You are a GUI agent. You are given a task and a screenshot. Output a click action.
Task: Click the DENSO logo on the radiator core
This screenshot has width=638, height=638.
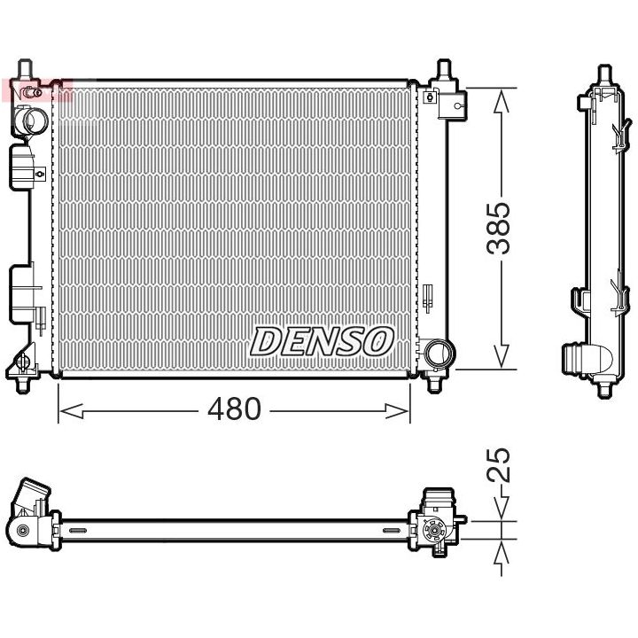(323, 340)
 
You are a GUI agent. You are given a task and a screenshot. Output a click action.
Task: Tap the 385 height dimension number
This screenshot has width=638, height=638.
(502, 229)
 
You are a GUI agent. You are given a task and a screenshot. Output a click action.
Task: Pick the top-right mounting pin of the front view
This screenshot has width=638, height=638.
(443, 71)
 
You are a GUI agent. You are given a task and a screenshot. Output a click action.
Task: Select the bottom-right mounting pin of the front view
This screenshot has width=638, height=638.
(435, 383)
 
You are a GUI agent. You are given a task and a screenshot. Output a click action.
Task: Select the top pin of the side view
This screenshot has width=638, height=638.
(603, 73)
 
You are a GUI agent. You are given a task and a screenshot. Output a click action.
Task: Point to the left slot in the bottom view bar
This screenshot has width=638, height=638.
(78, 531)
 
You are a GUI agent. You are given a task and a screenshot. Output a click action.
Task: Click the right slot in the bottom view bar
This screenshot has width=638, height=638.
(390, 531)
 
